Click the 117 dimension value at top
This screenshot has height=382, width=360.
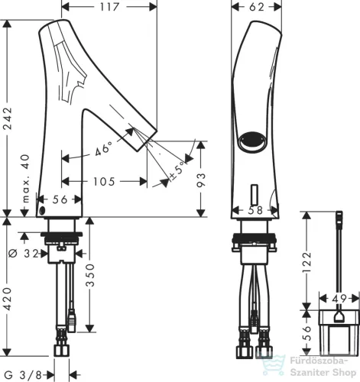[109, 7]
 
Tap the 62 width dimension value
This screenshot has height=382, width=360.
[257, 7]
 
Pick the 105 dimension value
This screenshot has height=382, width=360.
[104, 182]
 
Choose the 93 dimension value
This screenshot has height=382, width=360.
[201, 180]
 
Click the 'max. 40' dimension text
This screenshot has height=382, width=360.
[26, 178]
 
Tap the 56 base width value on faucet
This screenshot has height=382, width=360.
[60, 199]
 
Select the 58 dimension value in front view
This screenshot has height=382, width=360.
[255, 210]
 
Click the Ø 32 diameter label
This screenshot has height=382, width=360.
[23, 254]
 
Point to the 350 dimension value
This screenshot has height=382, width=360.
[89, 275]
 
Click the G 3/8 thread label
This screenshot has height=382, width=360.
[23, 375]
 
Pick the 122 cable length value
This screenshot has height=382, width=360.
[306, 262]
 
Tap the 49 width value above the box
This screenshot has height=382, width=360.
[339, 299]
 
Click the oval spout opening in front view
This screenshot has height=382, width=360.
[252, 141]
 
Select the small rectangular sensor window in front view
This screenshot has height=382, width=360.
[255, 195]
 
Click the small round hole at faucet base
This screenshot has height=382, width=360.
[42, 211]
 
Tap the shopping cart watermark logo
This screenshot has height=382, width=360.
[273, 365]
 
